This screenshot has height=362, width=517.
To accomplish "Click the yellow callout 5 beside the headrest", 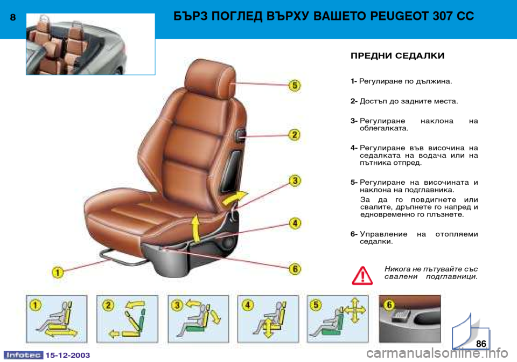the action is (x=295, y=86).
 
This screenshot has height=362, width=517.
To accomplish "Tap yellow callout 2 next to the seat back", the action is (x=295, y=135).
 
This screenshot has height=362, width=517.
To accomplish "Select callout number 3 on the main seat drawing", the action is (x=295, y=180).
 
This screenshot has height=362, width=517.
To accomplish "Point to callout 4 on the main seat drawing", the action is (x=295, y=223).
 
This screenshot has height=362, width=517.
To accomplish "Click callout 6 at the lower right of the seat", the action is (x=295, y=269).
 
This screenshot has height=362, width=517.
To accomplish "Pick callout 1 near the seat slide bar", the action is (x=58, y=273).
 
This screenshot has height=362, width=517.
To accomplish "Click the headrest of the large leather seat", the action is (x=210, y=78).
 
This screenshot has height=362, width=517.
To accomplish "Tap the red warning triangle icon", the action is (x=362, y=276).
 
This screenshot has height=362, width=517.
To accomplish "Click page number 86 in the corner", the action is (x=481, y=344).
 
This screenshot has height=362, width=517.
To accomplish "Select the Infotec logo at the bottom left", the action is (x=23, y=355).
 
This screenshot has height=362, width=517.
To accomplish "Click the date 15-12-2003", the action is (x=68, y=355).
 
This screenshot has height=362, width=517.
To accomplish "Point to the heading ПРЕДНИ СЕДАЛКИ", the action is (x=397, y=55).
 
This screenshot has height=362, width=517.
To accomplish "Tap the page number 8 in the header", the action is (x=13, y=17).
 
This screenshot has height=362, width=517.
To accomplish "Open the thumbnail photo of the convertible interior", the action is (x=90, y=44).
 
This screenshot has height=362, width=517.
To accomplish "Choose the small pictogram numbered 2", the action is (x=127, y=319).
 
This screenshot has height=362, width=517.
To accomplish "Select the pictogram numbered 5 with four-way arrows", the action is (x=338, y=319).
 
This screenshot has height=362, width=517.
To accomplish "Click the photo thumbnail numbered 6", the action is (x=409, y=319).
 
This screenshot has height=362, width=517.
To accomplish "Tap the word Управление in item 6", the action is (x=383, y=234).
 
